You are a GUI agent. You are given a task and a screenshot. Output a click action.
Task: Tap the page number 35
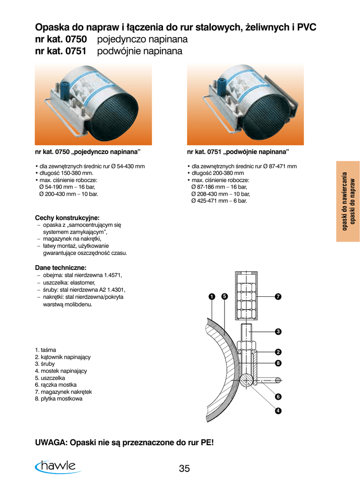pyautogui.click(x=184, y=468)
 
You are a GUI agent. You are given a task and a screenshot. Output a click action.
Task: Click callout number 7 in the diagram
pyautogui.click(x=278, y=296)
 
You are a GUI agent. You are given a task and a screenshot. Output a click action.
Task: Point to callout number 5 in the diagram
pyautogui.click(x=224, y=296)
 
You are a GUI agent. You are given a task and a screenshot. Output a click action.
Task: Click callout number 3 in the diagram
pyautogui.click(x=278, y=331)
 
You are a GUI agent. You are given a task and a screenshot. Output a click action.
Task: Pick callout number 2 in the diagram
pyautogui.click(x=278, y=352)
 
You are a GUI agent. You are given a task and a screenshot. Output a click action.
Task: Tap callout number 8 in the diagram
pyautogui.click(x=278, y=363)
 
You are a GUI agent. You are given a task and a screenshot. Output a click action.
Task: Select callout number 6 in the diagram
pyautogui.click(x=278, y=397)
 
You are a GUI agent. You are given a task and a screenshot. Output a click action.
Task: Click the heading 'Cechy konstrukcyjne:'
pyautogui.click(x=67, y=218)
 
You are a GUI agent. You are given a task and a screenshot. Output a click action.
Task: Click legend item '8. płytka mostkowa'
pyautogui.click(x=59, y=398)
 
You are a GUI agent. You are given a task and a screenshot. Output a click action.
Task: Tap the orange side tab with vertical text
pyautogui.click(x=348, y=201)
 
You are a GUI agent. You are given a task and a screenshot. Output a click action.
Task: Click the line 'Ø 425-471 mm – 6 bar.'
pyautogui.click(x=219, y=201)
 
